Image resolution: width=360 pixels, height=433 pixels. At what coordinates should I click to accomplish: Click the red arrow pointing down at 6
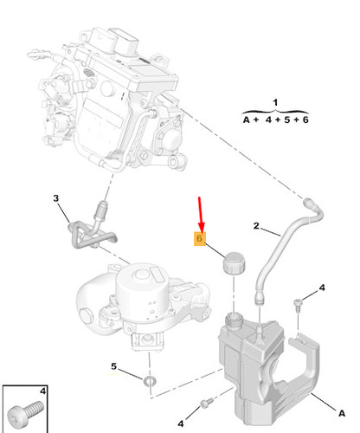[x=201, y=214]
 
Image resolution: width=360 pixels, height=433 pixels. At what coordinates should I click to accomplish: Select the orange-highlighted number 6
[x=199, y=238]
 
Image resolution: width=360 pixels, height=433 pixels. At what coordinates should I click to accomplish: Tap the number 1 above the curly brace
[x=275, y=102]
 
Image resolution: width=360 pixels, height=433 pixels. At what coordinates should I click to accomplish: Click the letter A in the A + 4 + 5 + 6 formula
[x=246, y=120]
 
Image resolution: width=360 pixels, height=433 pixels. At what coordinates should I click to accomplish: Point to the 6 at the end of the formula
[x=305, y=120]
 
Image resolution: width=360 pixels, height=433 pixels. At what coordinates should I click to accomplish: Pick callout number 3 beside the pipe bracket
[x=56, y=198]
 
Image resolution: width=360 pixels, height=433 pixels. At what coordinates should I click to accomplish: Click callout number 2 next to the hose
[x=256, y=225]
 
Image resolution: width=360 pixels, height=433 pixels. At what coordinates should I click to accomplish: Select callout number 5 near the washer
[x=113, y=366]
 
